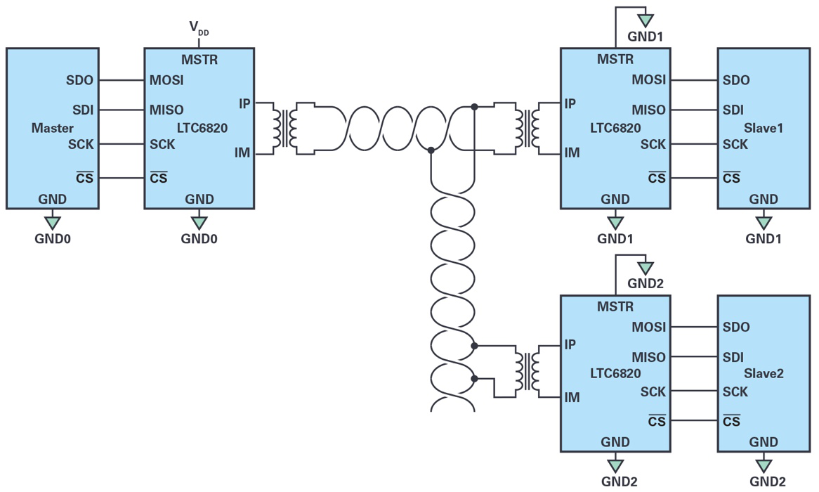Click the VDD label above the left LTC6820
[x=198, y=29]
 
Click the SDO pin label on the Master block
[x=79, y=80]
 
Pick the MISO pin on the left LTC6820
[x=166, y=110]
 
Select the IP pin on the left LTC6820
[x=244, y=103]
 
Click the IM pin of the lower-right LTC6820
[x=572, y=398]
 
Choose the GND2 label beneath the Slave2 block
[x=767, y=481]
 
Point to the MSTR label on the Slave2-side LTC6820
[x=615, y=306]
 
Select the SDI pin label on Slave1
[x=733, y=110]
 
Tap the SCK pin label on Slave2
[x=735, y=391]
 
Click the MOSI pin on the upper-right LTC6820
[x=648, y=80]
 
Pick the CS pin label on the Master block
[x=85, y=178]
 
